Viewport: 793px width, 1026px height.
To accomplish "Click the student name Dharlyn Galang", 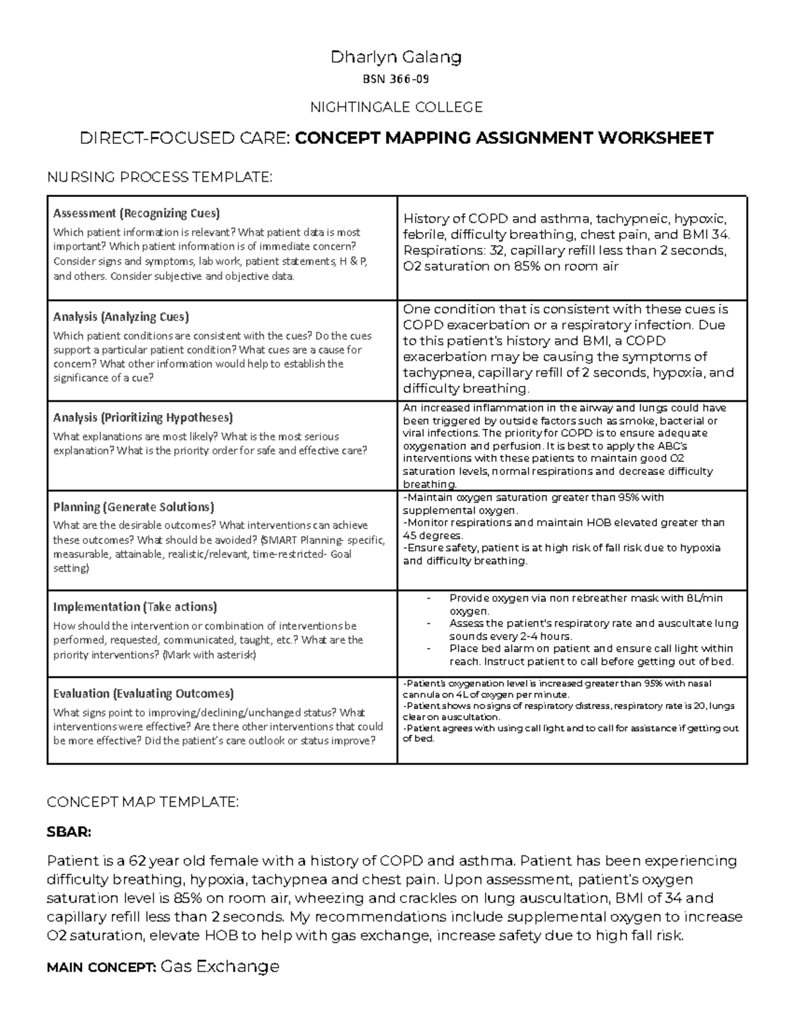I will [x=396, y=57].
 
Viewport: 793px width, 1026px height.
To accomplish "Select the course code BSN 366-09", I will [x=396, y=80].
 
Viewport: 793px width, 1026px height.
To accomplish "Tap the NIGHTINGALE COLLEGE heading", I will [x=396, y=107].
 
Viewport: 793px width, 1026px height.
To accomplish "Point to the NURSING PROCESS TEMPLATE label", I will [x=159, y=176].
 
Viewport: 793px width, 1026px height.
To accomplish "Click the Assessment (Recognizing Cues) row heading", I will [x=137, y=213].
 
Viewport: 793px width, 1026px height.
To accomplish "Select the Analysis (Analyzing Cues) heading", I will [x=121, y=316].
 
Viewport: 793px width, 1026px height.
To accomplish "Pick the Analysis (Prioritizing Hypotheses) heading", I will [x=143, y=418].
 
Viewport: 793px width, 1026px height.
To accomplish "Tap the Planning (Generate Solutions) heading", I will [x=133, y=507].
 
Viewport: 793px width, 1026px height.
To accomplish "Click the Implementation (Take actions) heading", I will [x=135, y=606].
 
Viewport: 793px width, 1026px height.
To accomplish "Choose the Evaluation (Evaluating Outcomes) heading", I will [x=143, y=694].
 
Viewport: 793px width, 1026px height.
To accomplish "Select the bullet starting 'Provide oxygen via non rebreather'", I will [x=585, y=599].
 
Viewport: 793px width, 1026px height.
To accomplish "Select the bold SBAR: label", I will [x=69, y=832].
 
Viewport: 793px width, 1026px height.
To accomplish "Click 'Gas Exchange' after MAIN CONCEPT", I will [x=220, y=967].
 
